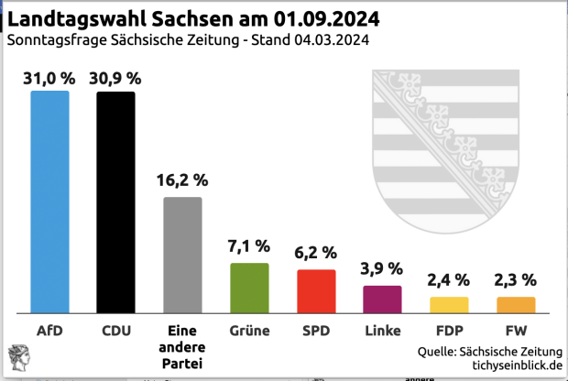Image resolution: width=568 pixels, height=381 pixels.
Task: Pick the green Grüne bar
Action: tap(249, 287)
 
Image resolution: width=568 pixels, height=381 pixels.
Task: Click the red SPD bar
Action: tap(316, 290)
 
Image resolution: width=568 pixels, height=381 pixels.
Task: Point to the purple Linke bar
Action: tap(383, 299)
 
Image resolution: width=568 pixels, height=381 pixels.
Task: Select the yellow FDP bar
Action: tap(449, 303)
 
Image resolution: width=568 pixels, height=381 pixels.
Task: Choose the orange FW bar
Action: tap(516, 303)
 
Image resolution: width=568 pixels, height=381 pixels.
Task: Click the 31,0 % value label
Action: tap(49, 78)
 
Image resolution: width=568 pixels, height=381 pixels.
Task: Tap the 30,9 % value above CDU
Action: tap(115, 78)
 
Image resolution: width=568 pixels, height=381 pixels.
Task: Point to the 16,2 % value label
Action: tap(182, 180)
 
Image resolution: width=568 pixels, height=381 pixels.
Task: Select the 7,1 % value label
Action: tap(249, 245)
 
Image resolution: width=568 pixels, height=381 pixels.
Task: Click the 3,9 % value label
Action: tap(383, 268)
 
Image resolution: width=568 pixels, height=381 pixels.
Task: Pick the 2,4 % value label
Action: tap(449, 279)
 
